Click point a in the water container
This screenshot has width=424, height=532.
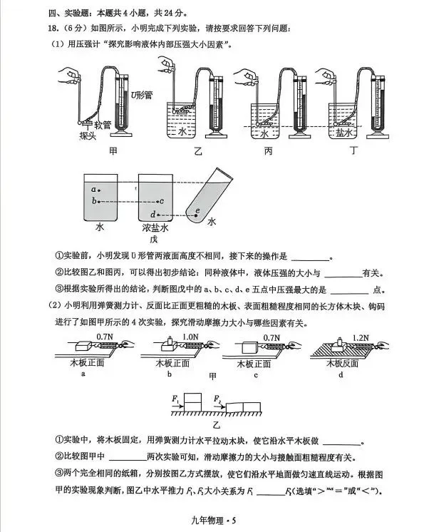(x=95, y=190)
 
